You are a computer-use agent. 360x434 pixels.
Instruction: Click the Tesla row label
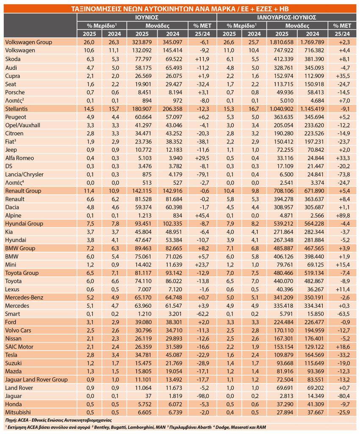pyautogui.click(x=11, y=355)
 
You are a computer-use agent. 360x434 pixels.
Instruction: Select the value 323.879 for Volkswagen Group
pyautogui.click(x=142, y=42)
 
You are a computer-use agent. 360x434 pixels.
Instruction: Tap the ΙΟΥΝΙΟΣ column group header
pyautogui.click(x=147, y=17)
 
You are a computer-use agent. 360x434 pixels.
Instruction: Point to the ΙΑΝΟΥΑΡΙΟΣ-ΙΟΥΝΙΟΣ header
pyautogui.click(x=287, y=17)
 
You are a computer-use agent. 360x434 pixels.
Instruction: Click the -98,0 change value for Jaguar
pyautogui.click(x=203, y=396)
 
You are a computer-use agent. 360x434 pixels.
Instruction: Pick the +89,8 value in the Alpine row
pyautogui.click(x=343, y=215)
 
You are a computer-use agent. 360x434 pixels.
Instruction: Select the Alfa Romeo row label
pyautogui.click(x=19, y=158)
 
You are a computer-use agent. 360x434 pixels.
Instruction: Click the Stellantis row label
pyautogui.click(x=17, y=109)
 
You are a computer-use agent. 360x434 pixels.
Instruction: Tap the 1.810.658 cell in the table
pyautogui.click(x=282, y=42)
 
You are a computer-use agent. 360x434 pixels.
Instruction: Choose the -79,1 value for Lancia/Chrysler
pyautogui.click(x=203, y=174)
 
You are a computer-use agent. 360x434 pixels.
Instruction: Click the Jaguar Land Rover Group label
pyautogui.click(x=36, y=379)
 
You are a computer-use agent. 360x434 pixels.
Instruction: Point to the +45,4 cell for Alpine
pyautogui.click(x=202, y=215)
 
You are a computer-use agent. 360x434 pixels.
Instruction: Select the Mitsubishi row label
pyautogui.click(x=18, y=412)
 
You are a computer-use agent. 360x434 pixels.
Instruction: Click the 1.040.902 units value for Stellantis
pyautogui.click(x=282, y=109)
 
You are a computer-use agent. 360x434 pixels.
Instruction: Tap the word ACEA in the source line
pyautogui.click(x=23, y=420)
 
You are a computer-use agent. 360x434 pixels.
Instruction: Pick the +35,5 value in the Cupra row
pyautogui.click(x=343, y=76)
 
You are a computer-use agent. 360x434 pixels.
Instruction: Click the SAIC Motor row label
pyautogui.click(x=19, y=347)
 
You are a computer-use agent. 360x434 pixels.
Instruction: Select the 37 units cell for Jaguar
pyautogui.click(x=148, y=396)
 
